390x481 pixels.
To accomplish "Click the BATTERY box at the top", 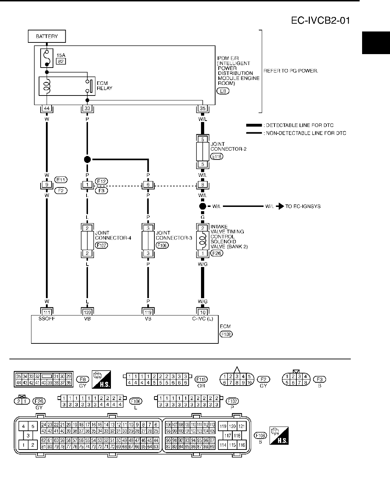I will coord(47,36).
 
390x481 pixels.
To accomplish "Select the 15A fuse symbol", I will coord(47,58).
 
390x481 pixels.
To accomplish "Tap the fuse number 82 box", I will coord(61,62).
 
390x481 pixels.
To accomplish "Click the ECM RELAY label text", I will coord(104,86).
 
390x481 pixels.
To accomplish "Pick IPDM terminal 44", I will coord(47,109).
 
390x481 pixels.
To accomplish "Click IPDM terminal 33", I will coord(87,109).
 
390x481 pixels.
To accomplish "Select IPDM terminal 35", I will coord(202,109).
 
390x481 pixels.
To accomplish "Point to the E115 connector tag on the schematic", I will coord(217,156).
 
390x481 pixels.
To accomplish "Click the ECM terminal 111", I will coord(47,312).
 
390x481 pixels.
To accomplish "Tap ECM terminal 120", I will coord(87,312).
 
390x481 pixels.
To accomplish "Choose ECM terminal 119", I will coord(148,312).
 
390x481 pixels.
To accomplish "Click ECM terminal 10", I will coord(202,312).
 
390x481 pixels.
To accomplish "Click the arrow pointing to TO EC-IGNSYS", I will coord(280,206).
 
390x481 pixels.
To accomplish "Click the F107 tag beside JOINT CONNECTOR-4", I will coord(101,245).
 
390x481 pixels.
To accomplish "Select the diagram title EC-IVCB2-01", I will coord(320,21).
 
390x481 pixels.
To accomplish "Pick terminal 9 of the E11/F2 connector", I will coord(47,185).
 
